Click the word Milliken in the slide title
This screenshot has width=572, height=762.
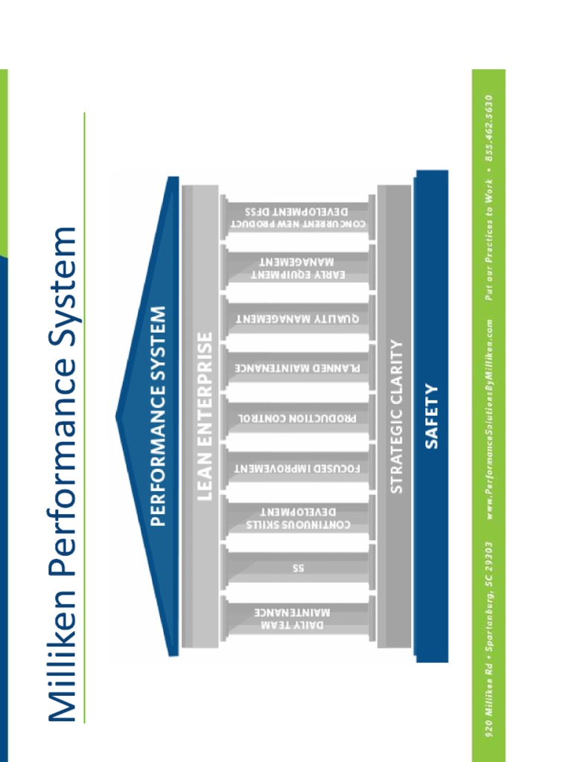tap(62, 654)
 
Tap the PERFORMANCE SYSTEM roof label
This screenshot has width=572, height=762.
tap(157, 416)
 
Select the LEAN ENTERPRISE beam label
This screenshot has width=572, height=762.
tap(204, 416)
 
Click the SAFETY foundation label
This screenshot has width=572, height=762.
tap(431, 416)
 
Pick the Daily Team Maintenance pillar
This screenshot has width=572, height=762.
tap(298, 618)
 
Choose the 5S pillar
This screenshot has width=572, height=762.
tap(298, 568)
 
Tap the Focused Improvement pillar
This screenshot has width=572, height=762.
tap(298, 468)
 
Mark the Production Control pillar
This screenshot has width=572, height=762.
tap(298, 417)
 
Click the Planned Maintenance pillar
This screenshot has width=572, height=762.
tap(298, 368)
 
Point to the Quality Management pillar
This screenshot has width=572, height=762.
tap(298, 318)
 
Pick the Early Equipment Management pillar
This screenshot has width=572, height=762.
tap(298, 268)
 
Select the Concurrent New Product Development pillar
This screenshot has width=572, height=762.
tap(298, 218)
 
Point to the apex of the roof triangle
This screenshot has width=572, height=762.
tap(118, 416)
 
